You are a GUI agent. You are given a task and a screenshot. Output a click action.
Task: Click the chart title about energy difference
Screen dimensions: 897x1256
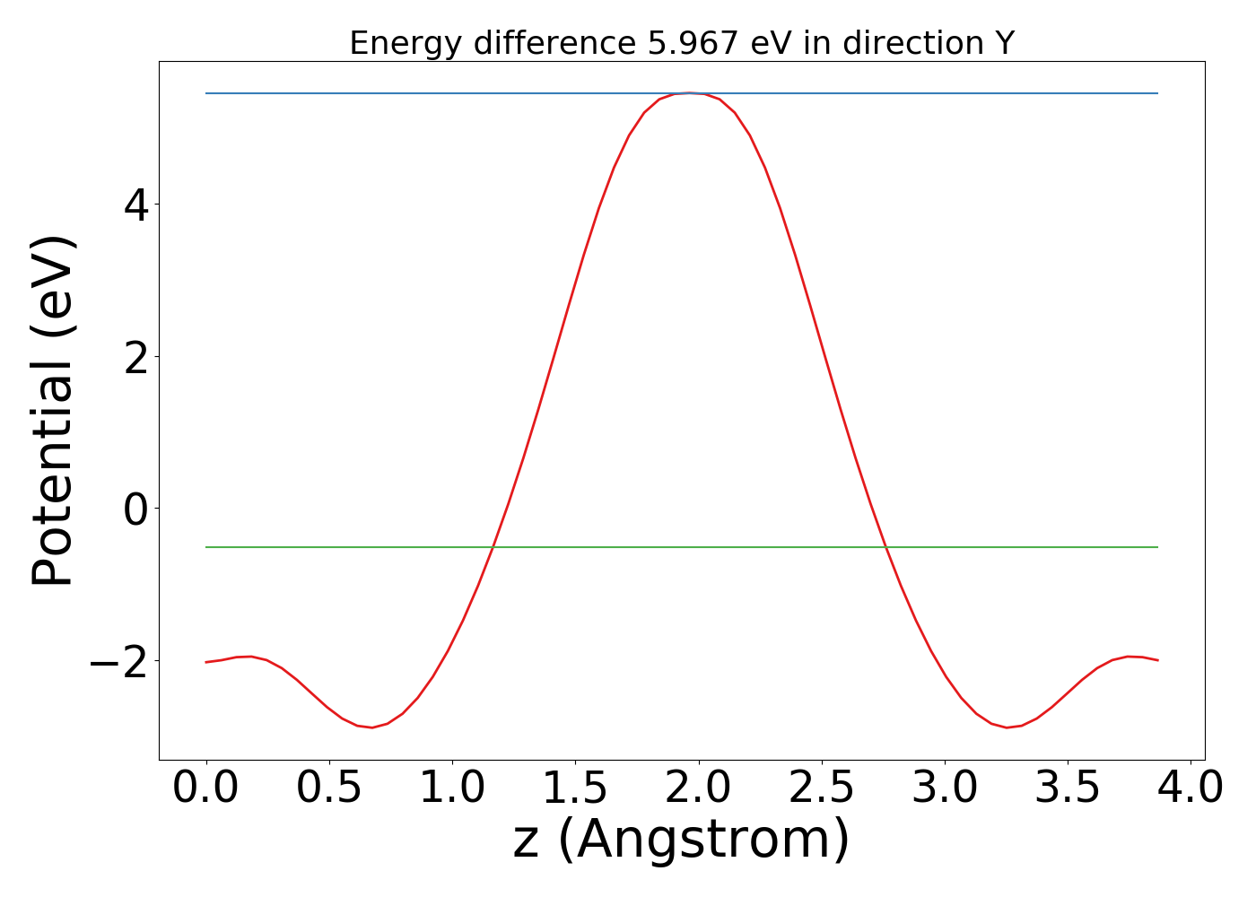(x=681, y=43)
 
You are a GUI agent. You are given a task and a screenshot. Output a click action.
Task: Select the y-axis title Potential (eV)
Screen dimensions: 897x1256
(x=54, y=411)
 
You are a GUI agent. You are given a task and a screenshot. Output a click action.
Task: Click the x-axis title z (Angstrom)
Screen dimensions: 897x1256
(x=681, y=840)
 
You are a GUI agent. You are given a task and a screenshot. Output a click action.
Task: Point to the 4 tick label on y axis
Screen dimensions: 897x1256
(x=136, y=205)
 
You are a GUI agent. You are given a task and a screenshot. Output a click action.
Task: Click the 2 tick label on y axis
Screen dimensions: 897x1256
(x=136, y=357)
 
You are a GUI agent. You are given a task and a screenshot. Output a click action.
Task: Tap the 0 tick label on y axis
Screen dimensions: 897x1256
(x=136, y=509)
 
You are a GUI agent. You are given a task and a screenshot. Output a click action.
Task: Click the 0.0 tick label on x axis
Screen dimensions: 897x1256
(x=206, y=788)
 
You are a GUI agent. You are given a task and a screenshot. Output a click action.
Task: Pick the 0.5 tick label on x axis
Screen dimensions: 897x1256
(x=329, y=788)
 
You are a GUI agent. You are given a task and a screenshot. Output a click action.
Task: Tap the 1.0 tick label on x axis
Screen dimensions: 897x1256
(x=452, y=788)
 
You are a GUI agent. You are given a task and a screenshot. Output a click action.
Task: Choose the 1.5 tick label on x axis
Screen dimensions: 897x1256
(x=575, y=788)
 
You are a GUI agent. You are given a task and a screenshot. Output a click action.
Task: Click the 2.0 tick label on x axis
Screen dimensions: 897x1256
(x=698, y=788)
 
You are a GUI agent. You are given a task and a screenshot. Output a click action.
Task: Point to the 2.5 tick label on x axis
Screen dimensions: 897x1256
(x=821, y=788)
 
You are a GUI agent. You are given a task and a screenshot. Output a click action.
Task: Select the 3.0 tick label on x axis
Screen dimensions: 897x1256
(x=944, y=788)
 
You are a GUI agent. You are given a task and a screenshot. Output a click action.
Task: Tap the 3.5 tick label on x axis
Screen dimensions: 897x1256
(x=1067, y=788)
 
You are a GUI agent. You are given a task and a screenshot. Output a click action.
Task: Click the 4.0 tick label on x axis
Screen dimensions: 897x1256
(x=1190, y=788)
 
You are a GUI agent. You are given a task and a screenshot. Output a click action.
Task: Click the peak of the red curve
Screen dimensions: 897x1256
(x=688, y=92)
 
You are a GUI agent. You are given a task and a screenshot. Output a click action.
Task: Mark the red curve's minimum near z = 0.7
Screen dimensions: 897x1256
(x=372, y=727)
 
